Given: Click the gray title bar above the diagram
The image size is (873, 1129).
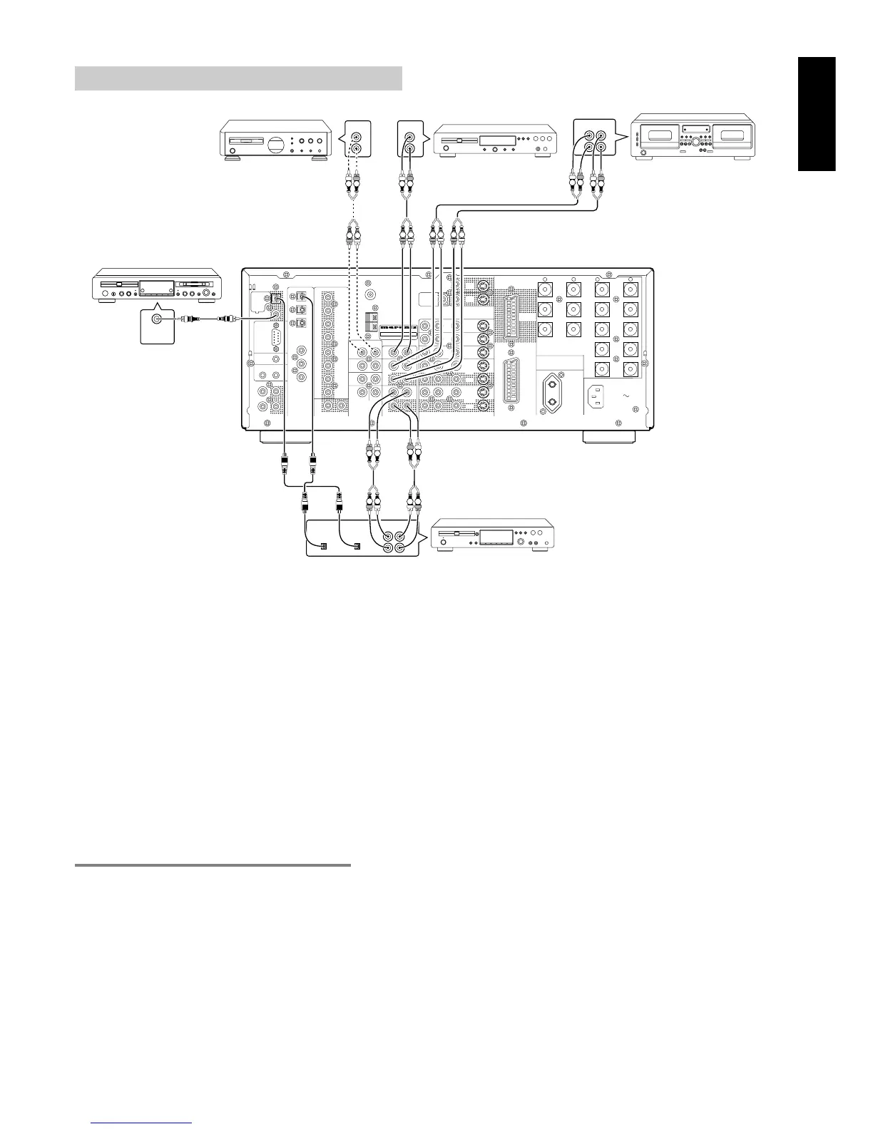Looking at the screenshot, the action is (x=238, y=78).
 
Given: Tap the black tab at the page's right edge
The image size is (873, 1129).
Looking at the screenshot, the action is (x=817, y=114).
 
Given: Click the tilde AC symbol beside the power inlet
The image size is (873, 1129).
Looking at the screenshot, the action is (x=626, y=395).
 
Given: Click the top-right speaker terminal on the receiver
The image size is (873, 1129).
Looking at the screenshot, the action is (x=630, y=290).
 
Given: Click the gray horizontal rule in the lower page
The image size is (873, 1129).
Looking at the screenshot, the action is (x=213, y=865).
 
